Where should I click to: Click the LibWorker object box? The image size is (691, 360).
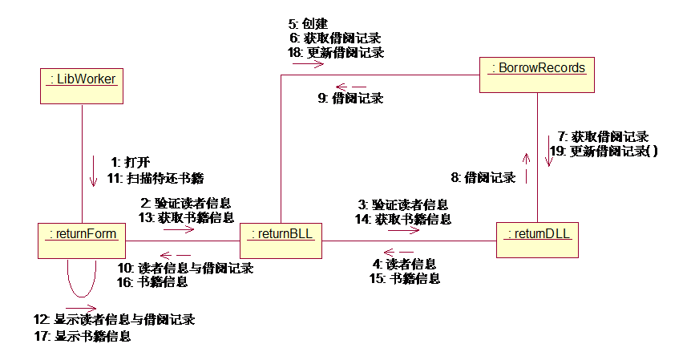point(82,84)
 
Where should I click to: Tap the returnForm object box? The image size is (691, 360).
point(82,240)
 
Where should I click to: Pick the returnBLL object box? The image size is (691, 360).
point(281,240)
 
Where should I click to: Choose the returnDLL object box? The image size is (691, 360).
point(536,239)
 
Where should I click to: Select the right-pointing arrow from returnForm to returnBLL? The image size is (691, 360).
point(180,229)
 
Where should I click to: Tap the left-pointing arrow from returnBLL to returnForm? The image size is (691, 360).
point(176,256)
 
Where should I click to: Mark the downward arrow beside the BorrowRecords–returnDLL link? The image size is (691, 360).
point(549,150)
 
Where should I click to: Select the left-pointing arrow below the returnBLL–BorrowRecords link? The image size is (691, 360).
point(350,87)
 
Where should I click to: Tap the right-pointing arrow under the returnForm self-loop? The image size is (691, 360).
point(81,307)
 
